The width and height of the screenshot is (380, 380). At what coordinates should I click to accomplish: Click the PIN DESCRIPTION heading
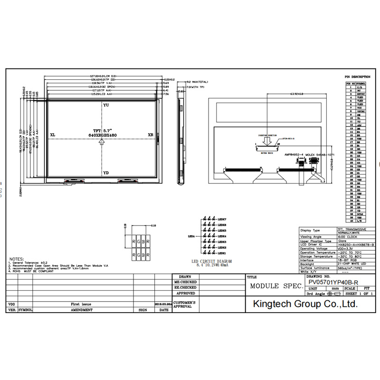coord(357,76)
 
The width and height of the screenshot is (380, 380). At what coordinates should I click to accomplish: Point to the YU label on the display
coord(105,105)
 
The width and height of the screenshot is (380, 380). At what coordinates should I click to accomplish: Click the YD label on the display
coord(105,173)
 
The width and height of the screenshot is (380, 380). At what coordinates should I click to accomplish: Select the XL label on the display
coord(52,135)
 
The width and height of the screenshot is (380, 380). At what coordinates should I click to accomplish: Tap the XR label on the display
coord(151,135)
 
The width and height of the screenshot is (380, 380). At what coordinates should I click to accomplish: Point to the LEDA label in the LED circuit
coord(192,236)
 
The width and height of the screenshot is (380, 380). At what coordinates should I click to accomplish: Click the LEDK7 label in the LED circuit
coord(222,218)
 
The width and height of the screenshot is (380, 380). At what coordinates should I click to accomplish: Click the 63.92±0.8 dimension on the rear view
coord(297,94)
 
